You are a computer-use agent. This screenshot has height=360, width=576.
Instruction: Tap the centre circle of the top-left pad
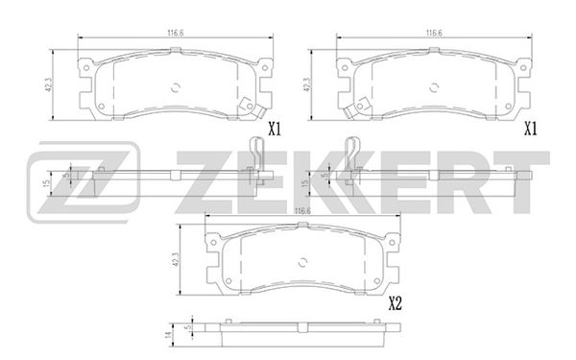tap(175, 84)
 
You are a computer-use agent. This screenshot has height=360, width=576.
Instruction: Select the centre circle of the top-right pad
tap(433, 84)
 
